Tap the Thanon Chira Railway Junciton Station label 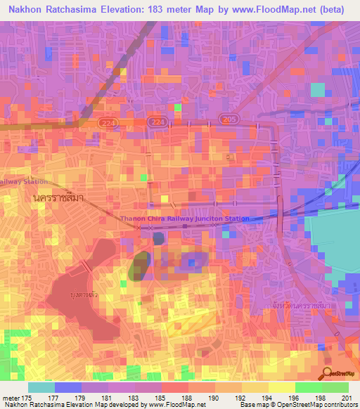(x=185, y=219)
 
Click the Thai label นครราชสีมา (x=58, y=198)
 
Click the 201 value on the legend (x=347, y=397)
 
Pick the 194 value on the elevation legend (x=267, y=397)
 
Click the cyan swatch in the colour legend (x=41, y=387)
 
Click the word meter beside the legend (x=11, y=397)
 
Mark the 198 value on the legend (x=321, y=397)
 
